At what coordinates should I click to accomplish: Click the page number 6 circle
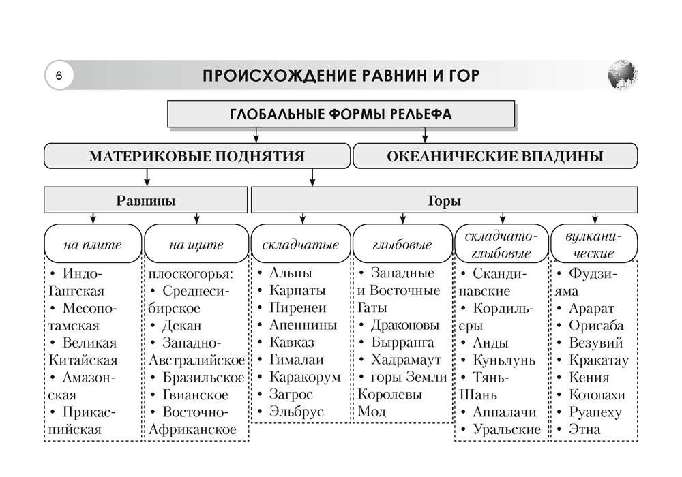click(59, 75)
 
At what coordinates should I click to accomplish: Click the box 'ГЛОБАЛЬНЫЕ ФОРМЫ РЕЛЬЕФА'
click(341, 114)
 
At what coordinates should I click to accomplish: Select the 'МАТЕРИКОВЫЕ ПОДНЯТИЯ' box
click(196, 156)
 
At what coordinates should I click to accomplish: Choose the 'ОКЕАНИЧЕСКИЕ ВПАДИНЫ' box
click(495, 156)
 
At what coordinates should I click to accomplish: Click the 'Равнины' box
click(145, 201)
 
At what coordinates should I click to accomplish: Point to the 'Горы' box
click(444, 201)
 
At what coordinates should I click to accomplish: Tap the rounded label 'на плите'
click(92, 245)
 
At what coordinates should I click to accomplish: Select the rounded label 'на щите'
click(196, 245)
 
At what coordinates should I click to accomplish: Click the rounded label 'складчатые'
click(300, 245)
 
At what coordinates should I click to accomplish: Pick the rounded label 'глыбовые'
click(402, 245)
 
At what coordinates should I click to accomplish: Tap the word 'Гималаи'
click(296, 360)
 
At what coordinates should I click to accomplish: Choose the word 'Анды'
click(490, 343)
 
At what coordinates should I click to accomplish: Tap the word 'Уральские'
click(506, 429)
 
